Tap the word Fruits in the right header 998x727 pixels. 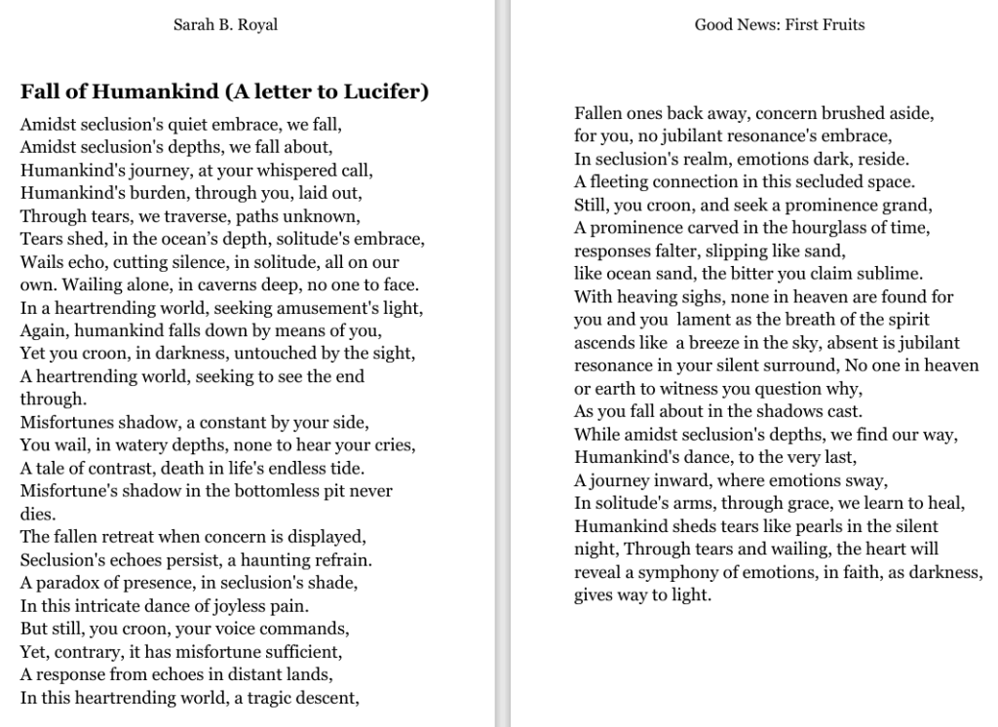[x=840, y=25]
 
